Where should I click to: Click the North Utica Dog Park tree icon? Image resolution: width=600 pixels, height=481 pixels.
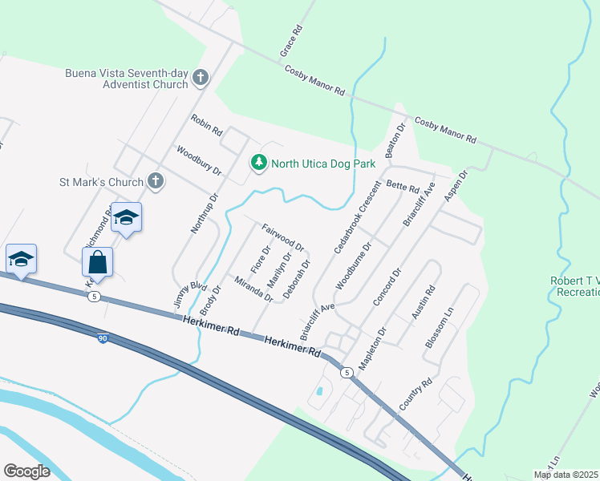point(258,164)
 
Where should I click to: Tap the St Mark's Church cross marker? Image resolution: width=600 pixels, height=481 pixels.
point(156,182)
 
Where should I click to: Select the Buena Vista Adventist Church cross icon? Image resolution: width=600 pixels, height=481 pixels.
point(201,79)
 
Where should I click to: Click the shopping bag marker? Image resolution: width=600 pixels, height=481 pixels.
point(97,262)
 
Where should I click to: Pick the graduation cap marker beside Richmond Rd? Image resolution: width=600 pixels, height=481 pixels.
point(126,218)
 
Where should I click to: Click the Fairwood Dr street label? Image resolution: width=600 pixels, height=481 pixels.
point(283,236)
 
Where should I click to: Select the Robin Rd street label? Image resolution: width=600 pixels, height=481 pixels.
point(205,126)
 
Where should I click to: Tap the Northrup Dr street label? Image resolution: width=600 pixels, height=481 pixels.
point(205,212)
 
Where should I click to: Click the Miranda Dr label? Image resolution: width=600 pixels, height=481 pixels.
point(253,289)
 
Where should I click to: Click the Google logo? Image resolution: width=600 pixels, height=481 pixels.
point(26,471)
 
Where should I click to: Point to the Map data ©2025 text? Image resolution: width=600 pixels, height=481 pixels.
point(566,475)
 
